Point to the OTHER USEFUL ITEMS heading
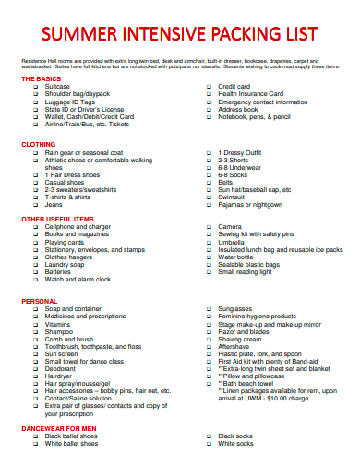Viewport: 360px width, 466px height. click(56, 219)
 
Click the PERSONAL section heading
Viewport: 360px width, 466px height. click(39, 301)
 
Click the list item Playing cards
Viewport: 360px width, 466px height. click(66, 242)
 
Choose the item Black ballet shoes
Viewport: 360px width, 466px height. click(71, 436)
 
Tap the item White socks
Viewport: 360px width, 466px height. click(235, 443)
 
